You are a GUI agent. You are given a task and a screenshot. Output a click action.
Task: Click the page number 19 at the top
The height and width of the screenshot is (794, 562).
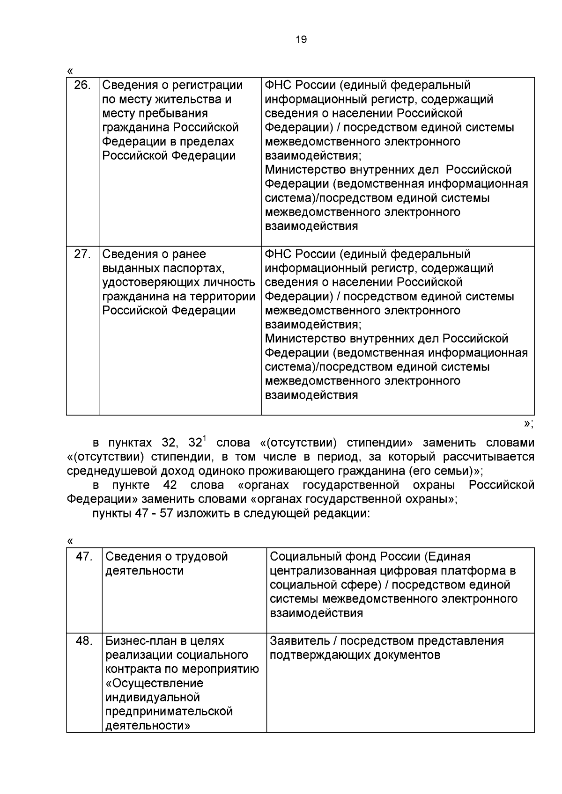(x=302, y=40)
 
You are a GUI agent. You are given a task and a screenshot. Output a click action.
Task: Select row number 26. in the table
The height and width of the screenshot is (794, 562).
(x=82, y=86)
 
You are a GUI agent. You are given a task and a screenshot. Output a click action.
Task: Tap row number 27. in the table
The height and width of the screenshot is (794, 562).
(x=82, y=254)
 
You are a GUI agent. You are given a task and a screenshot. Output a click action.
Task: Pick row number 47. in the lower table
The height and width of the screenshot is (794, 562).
(x=84, y=556)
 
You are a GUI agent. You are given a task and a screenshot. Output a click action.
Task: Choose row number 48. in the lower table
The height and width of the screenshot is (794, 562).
(x=84, y=641)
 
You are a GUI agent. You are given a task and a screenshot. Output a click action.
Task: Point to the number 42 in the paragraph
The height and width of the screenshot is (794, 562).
(x=170, y=485)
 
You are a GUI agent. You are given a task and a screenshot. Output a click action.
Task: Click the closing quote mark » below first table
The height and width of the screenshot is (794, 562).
(x=526, y=423)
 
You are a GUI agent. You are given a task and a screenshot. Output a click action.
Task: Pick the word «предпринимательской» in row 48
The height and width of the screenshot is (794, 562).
(x=169, y=711)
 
